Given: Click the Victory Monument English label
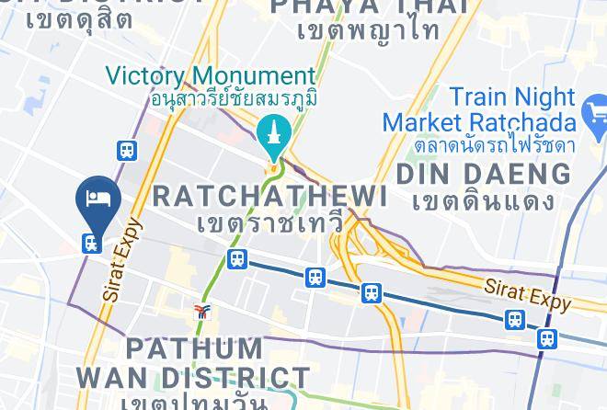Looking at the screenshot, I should [211, 75].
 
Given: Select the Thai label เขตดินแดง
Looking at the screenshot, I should [484, 200].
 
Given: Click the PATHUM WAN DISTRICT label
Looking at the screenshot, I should [193, 363].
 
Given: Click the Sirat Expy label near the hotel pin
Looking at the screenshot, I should [122, 260].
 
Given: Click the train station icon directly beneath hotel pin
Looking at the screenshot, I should [91, 242].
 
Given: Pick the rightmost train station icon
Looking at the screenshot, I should [547, 338].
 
